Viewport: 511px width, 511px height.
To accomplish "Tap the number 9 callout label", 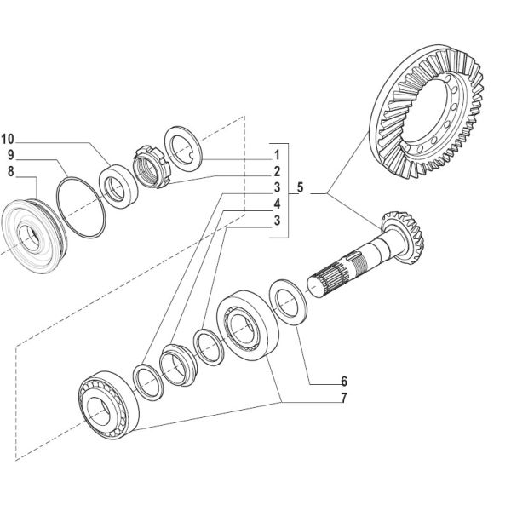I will pyautogui.click(x=11, y=155).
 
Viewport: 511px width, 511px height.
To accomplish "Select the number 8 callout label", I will pyautogui.click(x=11, y=171).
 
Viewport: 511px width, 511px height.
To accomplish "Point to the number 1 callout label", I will pyautogui.click(x=277, y=156).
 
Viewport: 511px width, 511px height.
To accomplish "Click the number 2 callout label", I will pyautogui.click(x=277, y=171).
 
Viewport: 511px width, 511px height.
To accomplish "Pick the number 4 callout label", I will pyautogui.click(x=277, y=203).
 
